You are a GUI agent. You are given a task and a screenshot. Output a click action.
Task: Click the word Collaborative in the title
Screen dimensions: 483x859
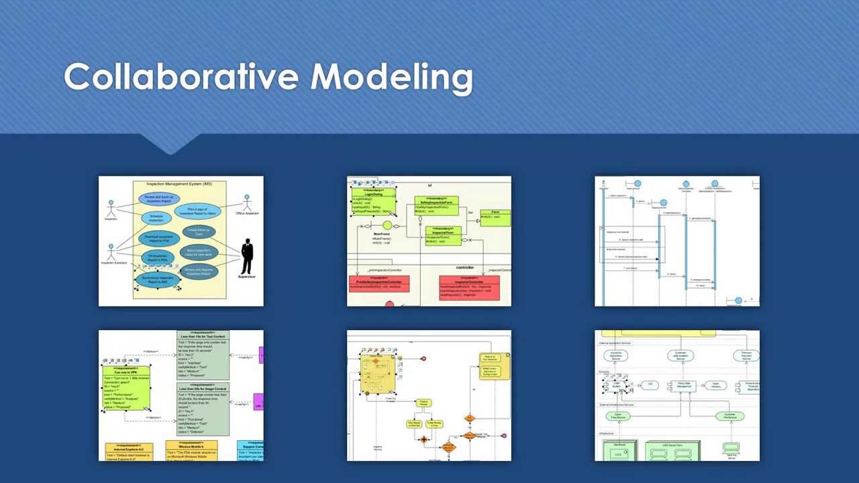coord(181,76)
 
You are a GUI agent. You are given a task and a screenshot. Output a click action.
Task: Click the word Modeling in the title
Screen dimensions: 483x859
coord(391,78)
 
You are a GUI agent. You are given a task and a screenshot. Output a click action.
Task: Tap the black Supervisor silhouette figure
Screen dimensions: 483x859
coord(247,257)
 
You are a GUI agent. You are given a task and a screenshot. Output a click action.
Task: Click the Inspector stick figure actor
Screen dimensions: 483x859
coord(111,207)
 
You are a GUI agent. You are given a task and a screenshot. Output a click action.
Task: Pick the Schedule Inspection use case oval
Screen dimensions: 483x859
coord(156,218)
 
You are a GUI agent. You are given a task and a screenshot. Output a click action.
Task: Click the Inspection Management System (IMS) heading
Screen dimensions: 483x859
coord(179,183)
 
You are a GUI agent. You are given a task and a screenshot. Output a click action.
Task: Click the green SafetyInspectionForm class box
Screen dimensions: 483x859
coord(436,205)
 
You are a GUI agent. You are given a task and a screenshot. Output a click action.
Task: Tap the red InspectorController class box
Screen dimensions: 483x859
coord(469,287)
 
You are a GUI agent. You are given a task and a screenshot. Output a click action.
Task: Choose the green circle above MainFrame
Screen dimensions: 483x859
coord(387,225)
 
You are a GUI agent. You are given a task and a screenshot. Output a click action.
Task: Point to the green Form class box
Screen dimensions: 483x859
coord(495,217)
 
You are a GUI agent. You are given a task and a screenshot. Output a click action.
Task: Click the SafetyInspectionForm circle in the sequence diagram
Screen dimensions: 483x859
coord(663,203)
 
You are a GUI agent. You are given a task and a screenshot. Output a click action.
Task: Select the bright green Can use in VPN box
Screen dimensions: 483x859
coord(125,388)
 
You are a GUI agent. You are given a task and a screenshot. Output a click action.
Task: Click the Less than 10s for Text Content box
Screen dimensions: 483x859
coord(203,355)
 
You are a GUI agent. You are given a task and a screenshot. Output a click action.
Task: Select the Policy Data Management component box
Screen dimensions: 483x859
coord(683,386)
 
